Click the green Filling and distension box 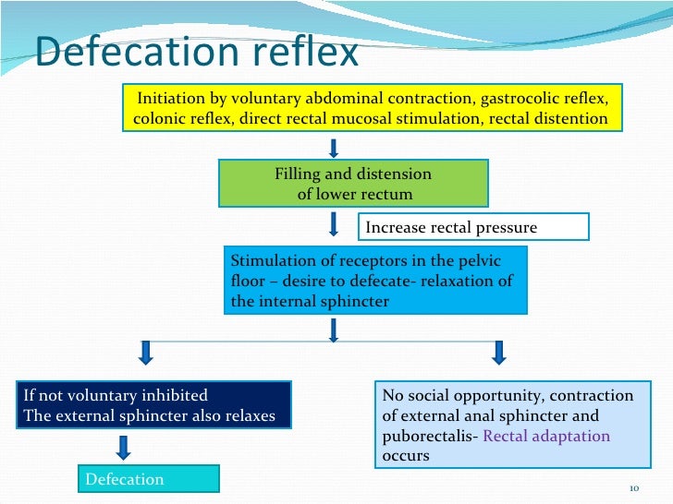pyautogui.click(x=353, y=184)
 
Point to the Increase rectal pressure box pyautogui.click(x=472, y=227)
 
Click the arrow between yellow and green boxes pyautogui.click(x=334, y=148)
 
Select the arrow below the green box pyautogui.click(x=334, y=224)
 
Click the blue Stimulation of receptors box pyautogui.click(x=375, y=281)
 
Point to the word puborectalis pyautogui.click(x=425, y=437)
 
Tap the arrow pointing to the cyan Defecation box pyautogui.click(x=122, y=447)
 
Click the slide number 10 pyautogui.click(x=633, y=487)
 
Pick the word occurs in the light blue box pyautogui.click(x=406, y=456)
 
